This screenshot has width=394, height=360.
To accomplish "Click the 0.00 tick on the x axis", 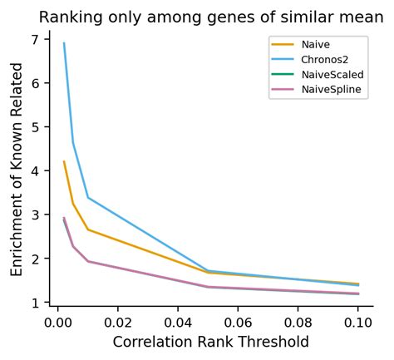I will [x=57, y=321].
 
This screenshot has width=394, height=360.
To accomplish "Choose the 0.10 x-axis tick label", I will [x=358, y=321].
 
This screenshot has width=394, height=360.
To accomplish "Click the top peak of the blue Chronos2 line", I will [x=64, y=43].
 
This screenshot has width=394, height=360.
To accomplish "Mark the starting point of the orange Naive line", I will [x=64, y=161].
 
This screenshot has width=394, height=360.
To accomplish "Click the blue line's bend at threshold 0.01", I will [x=88, y=198].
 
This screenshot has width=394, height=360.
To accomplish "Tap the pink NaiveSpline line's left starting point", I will [x=64, y=218].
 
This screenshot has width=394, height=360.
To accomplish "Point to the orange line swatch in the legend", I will [x=283, y=44].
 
